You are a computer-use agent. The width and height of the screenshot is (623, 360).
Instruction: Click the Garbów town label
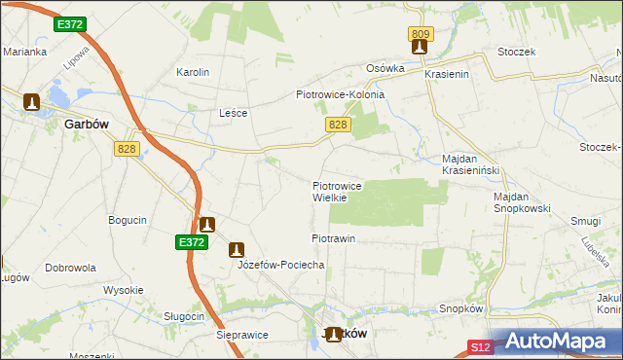85,125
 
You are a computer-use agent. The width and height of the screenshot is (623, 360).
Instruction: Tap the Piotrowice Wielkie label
337,191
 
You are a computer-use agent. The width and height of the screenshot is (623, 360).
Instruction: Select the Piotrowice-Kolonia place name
340,94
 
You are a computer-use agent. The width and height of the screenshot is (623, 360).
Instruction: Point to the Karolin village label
192,72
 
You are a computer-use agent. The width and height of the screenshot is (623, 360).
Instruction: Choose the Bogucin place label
128,220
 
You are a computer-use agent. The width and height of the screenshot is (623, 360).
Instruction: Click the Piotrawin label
333,238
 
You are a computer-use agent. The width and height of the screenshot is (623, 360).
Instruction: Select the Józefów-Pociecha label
268,265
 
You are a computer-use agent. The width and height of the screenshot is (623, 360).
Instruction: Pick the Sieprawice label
241,334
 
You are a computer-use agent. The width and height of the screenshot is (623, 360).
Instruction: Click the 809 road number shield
421,34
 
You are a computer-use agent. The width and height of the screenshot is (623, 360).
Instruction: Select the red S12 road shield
479,346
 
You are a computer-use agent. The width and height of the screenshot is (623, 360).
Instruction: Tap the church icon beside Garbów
31,100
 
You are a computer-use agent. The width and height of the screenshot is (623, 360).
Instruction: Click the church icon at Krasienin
420,47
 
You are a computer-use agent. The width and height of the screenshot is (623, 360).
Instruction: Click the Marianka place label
24,52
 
